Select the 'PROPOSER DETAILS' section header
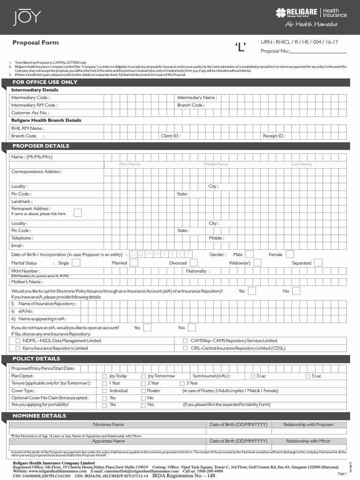[x=41, y=146]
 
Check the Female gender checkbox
[x=290, y=254]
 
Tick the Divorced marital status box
[x=194, y=263]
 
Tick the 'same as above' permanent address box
[x=78, y=213]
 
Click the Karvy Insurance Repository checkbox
[x=18, y=348]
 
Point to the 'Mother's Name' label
[x=27, y=282]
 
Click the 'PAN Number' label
[x=25, y=270]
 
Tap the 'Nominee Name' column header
[x=108, y=424]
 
